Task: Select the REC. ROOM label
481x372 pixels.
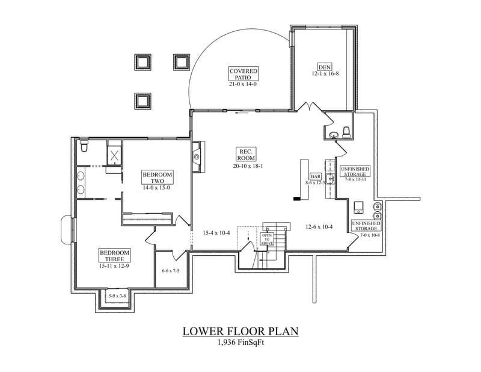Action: [247, 153]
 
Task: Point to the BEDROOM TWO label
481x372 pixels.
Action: [158, 178]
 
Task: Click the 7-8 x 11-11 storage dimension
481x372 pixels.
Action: [356, 180]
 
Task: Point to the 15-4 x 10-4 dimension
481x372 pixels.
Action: [216, 233]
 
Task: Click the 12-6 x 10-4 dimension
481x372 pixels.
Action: [320, 227]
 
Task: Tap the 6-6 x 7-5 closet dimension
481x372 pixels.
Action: [171, 271]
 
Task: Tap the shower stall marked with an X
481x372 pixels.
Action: [114, 153]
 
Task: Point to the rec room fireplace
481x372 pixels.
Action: [197, 157]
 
